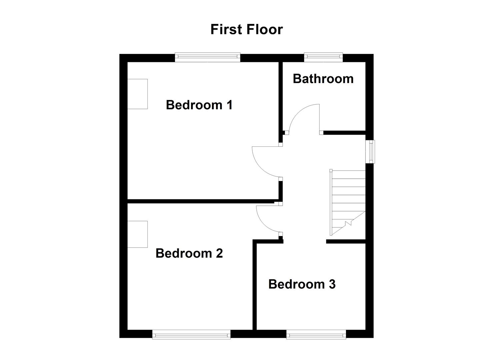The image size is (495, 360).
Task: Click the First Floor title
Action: [246, 29]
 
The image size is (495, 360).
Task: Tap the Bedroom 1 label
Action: [199, 105]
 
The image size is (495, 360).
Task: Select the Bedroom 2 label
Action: [189, 253]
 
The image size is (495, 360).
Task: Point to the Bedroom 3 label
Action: [302, 284]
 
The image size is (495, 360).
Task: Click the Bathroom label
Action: [323, 79]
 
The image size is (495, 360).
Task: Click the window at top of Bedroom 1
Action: [207, 58]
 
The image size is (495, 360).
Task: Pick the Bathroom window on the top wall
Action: [323, 57]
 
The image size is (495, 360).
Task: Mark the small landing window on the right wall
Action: [370, 152]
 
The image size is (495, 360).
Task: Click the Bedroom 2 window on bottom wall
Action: [191, 334]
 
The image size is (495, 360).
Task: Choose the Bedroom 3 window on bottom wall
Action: [316, 334]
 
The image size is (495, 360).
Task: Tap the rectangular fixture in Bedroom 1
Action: [137, 94]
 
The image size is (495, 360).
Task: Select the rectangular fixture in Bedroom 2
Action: [137, 234]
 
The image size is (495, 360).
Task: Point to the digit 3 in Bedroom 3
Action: [332, 284]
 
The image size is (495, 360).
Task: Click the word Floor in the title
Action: [265, 29]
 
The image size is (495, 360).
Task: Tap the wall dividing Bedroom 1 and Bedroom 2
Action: [200, 201]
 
